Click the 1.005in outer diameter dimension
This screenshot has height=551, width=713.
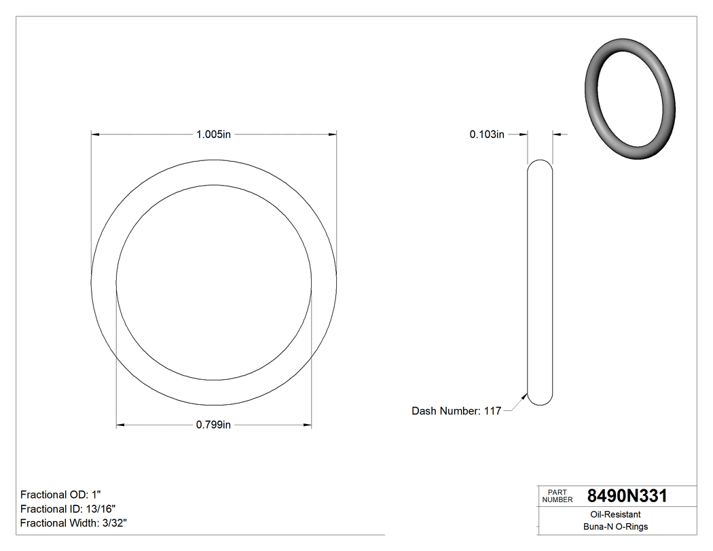coord(214,135)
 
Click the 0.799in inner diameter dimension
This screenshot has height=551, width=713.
coord(214,425)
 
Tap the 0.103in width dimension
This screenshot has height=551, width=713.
coord(487,135)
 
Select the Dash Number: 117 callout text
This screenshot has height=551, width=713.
coord(456,411)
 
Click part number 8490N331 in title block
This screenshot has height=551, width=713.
coord(627,496)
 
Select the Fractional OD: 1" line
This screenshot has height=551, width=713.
coord(62,495)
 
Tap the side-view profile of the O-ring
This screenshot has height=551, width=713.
coord(541,282)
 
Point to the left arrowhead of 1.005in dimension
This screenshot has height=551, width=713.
coord(96,135)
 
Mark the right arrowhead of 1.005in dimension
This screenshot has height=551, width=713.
coord(332,135)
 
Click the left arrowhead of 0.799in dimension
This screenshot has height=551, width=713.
coord(121,425)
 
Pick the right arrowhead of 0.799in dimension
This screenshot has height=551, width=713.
coord(307,425)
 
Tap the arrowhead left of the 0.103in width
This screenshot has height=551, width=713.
coord(524,135)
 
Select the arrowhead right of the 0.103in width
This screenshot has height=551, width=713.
coord(557,135)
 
